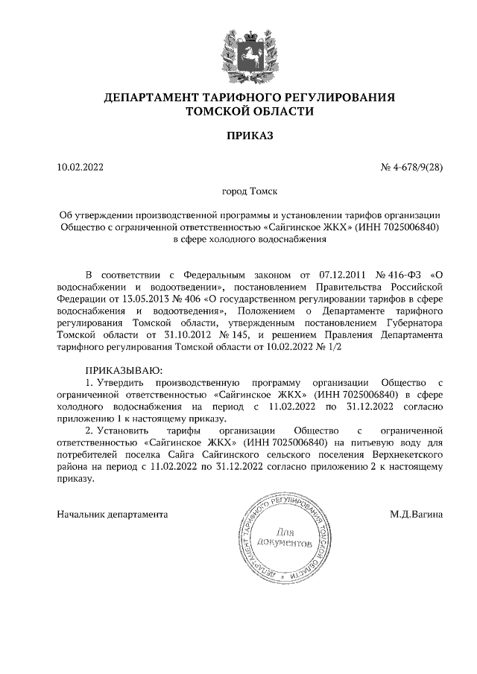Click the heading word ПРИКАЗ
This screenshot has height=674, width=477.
tap(250, 136)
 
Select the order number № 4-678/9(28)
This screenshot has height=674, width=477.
tap(411, 167)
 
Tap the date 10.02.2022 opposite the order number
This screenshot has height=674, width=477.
tap(80, 167)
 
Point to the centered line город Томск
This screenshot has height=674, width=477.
tap(250, 191)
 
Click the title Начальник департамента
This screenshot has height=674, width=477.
tap(113, 514)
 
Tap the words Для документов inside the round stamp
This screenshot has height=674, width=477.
tap(285, 539)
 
